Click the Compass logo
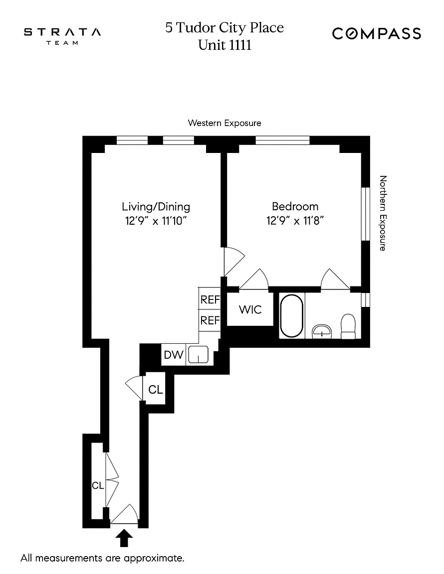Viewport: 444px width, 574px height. click(x=377, y=34)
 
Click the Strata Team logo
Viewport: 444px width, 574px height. click(x=62, y=35)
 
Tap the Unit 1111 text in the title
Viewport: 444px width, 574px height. click(x=225, y=45)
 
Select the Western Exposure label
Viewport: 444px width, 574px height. click(x=224, y=123)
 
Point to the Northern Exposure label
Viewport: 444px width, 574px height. click(x=383, y=213)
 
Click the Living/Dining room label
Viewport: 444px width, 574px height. click(x=156, y=206)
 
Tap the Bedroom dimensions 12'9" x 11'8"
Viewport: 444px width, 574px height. click(x=295, y=221)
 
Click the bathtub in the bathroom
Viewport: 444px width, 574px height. click(x=292, y=315)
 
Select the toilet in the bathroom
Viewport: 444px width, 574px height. click(x=348, y=326)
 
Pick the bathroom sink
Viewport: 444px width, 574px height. click(x=322, y=332)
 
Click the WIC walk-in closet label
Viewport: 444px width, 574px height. click(x=250, y=310)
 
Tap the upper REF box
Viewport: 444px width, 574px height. click(x=210, y=299)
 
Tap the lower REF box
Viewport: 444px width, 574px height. click(x=210, y=320)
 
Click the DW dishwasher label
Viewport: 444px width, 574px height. click(x=174, y=355)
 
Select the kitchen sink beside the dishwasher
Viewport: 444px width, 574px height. click(x=199, y=354)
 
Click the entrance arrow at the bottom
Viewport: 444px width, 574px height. click(x=124, y=538)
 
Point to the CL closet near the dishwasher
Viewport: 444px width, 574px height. click(x=156, y=390)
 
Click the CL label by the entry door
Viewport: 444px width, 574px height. click(x=98, y=485)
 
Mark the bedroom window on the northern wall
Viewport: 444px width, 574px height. click(x=366, y=214)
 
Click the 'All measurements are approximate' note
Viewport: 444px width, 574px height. click(x=102, y=558)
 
